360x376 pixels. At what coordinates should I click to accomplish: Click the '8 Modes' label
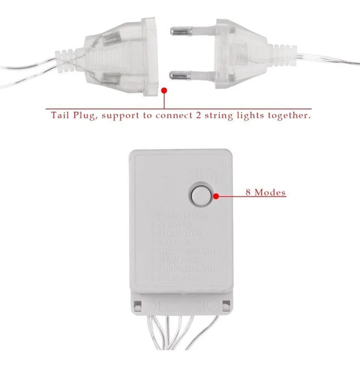pos(265,193)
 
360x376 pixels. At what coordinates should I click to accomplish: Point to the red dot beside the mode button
pos(216,195)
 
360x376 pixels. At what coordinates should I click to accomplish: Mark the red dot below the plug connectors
pos(164,90)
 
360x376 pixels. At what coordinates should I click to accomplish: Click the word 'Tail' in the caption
pos(60,115)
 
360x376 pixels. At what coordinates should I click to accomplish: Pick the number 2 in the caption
pos(198,115)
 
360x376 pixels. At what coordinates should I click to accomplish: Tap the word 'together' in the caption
pos(289,115)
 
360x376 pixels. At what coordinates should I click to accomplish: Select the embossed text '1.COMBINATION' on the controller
pos(178,216)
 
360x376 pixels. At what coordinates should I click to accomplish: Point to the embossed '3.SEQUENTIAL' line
pos(175,233)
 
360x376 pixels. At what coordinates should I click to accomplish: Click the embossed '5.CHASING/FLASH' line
pos(182,251)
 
